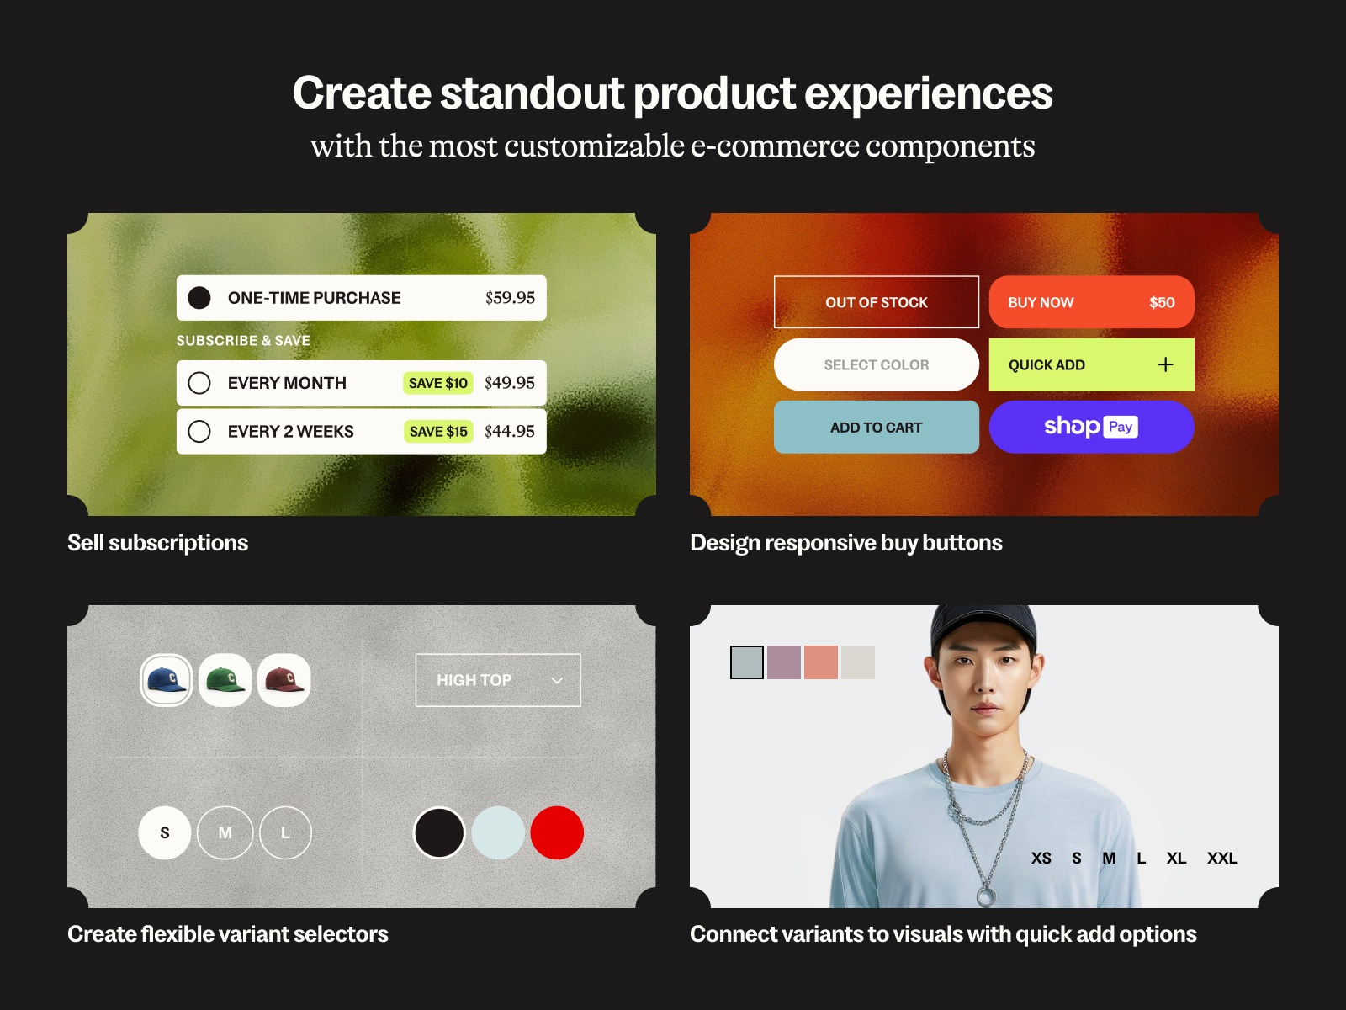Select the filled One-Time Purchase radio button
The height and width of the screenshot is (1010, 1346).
199,298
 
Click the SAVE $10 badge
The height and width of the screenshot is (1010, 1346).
437,383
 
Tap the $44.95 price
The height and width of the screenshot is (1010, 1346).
509,431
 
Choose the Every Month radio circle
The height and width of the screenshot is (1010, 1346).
199,383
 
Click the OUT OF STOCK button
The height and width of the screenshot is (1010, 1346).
876,302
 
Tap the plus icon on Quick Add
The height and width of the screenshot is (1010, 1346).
1165,364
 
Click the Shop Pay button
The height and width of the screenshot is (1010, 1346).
1091,427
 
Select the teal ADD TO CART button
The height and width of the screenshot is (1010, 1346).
876,428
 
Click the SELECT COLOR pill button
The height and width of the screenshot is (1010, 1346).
876,364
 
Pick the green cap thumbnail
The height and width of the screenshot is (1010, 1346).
225,680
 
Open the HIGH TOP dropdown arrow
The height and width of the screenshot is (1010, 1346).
557,680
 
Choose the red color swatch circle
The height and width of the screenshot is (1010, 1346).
557,832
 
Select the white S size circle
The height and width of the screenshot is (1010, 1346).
165,832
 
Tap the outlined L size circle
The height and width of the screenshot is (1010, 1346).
285,832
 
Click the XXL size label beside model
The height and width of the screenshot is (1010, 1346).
1221,858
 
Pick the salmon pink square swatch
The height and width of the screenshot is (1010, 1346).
820,662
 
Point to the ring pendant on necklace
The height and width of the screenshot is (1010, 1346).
985,896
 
